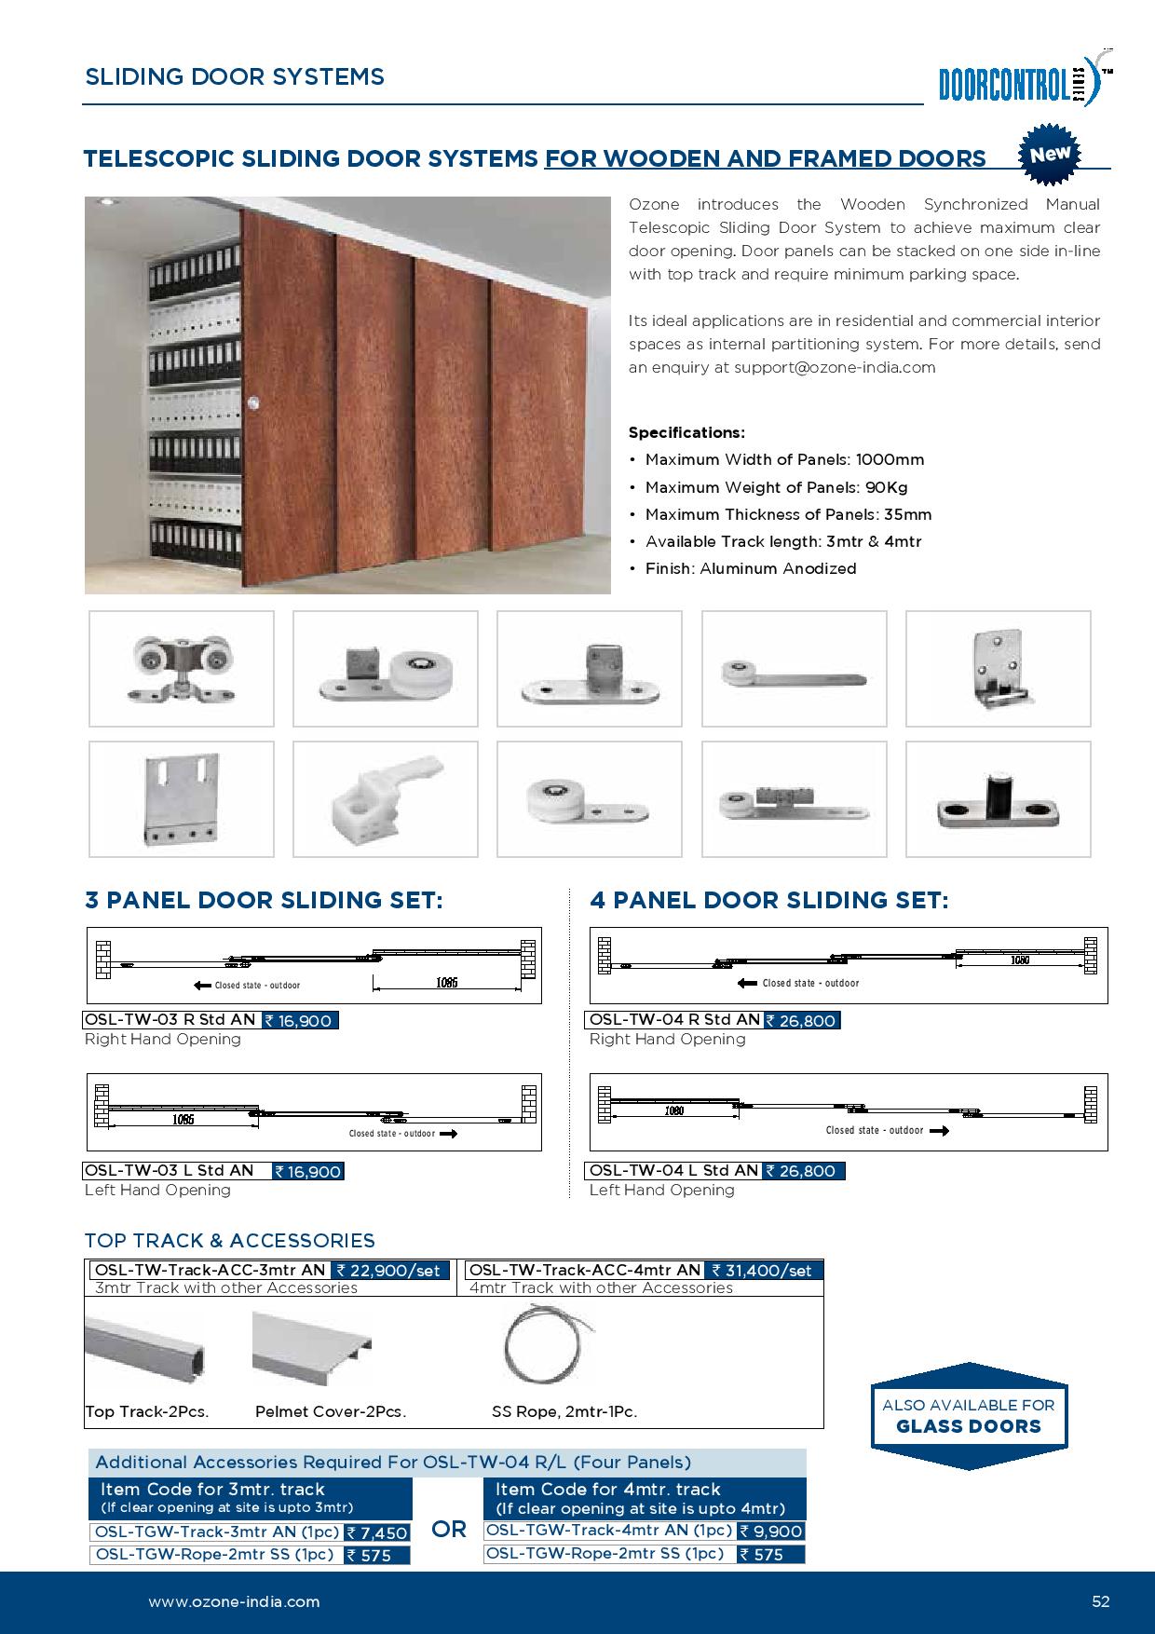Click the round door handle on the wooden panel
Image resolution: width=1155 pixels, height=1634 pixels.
coord(254,402)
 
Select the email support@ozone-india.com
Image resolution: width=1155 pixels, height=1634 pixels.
coord(835,367)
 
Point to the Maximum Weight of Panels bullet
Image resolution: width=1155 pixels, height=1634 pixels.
coord(776,487)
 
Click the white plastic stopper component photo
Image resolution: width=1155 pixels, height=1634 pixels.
coord(386,798)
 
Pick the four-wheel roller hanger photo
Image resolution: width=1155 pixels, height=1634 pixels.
coord(182,668)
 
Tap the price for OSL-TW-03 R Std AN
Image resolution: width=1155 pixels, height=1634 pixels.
coord(299,1021)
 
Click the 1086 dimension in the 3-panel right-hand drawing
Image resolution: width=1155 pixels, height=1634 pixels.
coord(446,983)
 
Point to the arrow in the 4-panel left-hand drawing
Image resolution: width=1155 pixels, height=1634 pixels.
coord(939,1131)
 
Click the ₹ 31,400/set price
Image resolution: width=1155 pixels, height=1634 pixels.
coord(764,1270)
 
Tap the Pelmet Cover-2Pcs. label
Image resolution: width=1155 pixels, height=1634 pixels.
coord(331,1411)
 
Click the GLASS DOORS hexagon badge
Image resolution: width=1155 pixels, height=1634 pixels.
coord(969,1416)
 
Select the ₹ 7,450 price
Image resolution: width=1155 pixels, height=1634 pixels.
coord(377,1532)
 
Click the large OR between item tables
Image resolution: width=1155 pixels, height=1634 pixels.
coord(449,1530)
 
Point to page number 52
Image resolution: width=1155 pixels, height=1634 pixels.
coord(1101,1602)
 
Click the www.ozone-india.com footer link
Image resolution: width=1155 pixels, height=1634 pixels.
coord(234,1602)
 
